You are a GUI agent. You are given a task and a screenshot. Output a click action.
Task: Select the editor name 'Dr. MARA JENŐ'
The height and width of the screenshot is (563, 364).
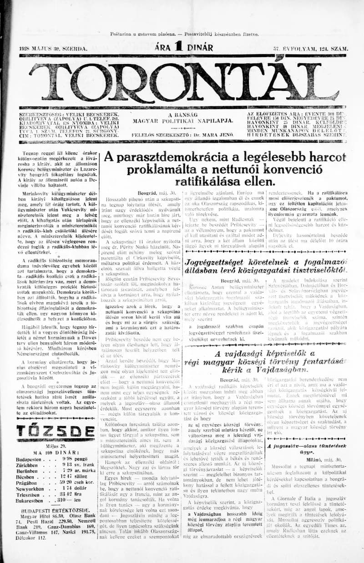pos(217,135)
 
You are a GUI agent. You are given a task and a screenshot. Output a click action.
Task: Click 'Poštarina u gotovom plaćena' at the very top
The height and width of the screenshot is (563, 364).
pos(144,34)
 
